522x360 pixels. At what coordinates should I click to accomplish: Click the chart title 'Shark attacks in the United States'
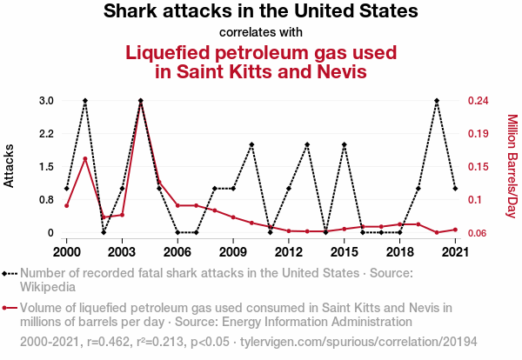pos(261,12)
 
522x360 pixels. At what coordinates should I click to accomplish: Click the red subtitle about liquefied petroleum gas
pos(261,61)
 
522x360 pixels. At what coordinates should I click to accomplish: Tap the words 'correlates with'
pos(261,33)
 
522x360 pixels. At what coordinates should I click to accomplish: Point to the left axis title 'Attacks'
pos(10,166)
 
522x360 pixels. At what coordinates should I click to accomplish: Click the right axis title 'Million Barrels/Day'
pos(512,166)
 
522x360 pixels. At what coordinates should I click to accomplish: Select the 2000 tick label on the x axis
pos(66,252)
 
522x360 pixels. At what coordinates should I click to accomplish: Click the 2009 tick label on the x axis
pos(233,252)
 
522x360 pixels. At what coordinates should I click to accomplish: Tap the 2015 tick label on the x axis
pos(344,252)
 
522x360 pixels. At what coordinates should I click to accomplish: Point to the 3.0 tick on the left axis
pos(46,101)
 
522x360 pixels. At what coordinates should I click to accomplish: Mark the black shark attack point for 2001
pos(85,101)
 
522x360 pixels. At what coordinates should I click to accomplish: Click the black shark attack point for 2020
pos(437,101)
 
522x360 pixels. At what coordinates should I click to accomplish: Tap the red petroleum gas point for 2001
pos(85,158)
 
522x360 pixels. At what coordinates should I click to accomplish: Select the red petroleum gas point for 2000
pos(67,205)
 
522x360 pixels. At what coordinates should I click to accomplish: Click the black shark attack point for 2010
pos(251,144)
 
